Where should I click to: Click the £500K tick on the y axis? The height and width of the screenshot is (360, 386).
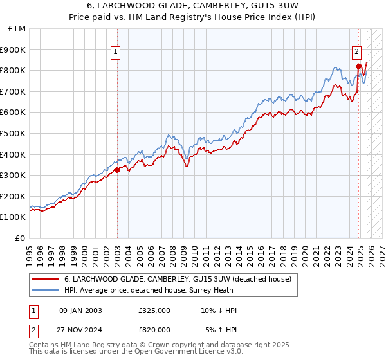[14, 133]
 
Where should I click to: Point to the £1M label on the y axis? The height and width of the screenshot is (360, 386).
[18, 28]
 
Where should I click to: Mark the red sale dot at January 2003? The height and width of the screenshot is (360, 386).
[118, 170]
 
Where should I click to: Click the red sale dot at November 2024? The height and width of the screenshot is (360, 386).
[358, 66]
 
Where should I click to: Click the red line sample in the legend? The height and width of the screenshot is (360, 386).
[46, 279]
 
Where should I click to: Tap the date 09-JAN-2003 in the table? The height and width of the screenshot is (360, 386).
[80, 310]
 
